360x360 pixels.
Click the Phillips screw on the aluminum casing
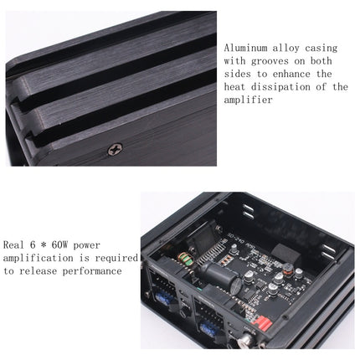pyautogui.click(x=115, y=148)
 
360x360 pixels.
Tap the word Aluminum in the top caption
pyautogui.click(x=246, y=47)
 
